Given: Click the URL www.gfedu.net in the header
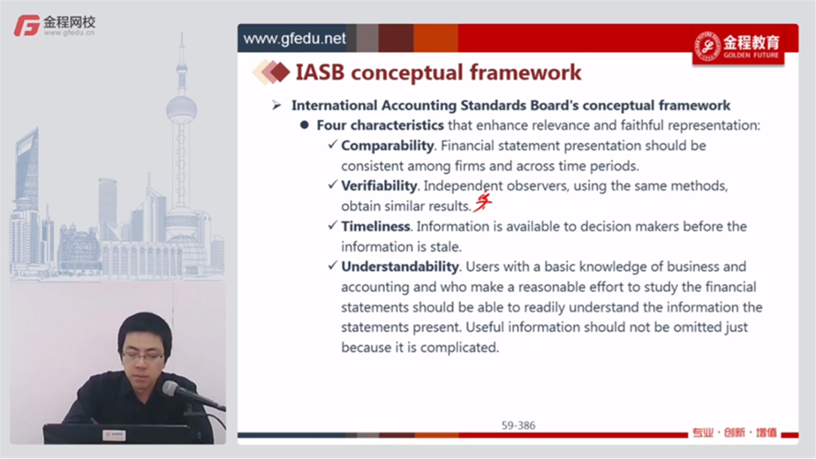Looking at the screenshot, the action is (295, 39).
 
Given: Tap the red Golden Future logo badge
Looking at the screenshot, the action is (738, 47).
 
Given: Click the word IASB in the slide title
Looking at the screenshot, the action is (320, 72).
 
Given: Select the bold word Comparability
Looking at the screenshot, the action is (387, 146).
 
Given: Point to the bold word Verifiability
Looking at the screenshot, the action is (379, 185).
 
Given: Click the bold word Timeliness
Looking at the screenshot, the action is (375, 226).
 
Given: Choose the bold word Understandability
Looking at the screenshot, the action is (400, 267).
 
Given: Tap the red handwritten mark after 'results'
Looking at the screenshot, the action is (482, 202).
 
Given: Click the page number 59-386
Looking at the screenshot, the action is (518, 425).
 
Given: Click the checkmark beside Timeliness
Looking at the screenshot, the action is (333, 225).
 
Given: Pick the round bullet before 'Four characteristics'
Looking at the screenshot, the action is (305, 124).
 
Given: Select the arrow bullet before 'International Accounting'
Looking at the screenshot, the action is (276, 106).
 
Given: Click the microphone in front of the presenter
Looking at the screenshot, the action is (191, 395).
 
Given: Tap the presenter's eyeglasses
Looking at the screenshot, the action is (142, 357).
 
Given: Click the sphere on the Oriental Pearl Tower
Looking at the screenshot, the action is (182, 109).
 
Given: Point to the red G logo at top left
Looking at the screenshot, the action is (26, 26).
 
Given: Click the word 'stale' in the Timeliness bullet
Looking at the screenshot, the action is (444, 246).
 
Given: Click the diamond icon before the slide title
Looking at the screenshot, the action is (271, 72).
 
